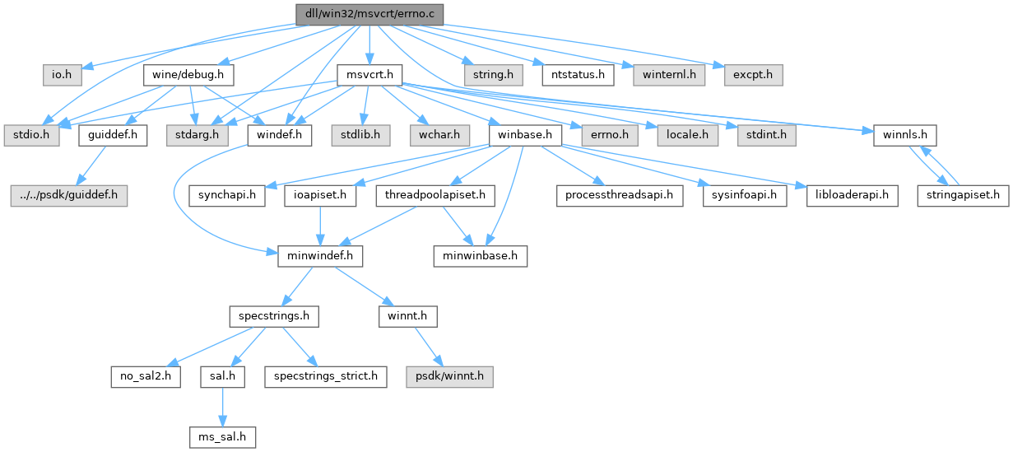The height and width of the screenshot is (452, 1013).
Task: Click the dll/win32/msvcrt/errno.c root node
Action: [x=369, y=14]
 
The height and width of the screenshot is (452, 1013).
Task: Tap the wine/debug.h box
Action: [x=189, y=75]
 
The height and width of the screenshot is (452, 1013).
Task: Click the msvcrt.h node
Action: [x=369, y=75]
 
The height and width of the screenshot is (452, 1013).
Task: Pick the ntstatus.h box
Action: [x=579, y=75]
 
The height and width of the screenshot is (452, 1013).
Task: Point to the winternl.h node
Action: [x=668, y=75]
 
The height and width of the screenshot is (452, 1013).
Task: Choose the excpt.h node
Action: [x=752, y=75]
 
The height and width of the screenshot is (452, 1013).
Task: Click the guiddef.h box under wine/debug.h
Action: [x=112, y=135]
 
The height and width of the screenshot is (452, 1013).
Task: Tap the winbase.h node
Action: [x=524, y=135]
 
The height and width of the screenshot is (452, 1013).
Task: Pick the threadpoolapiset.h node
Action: [x=434, y=196]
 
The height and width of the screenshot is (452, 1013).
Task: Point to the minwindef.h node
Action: [x=320, y=256]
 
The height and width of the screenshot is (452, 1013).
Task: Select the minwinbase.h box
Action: [x=481, y=256]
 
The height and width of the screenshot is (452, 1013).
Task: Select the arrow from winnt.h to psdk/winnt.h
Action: [x=430, y=347]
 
